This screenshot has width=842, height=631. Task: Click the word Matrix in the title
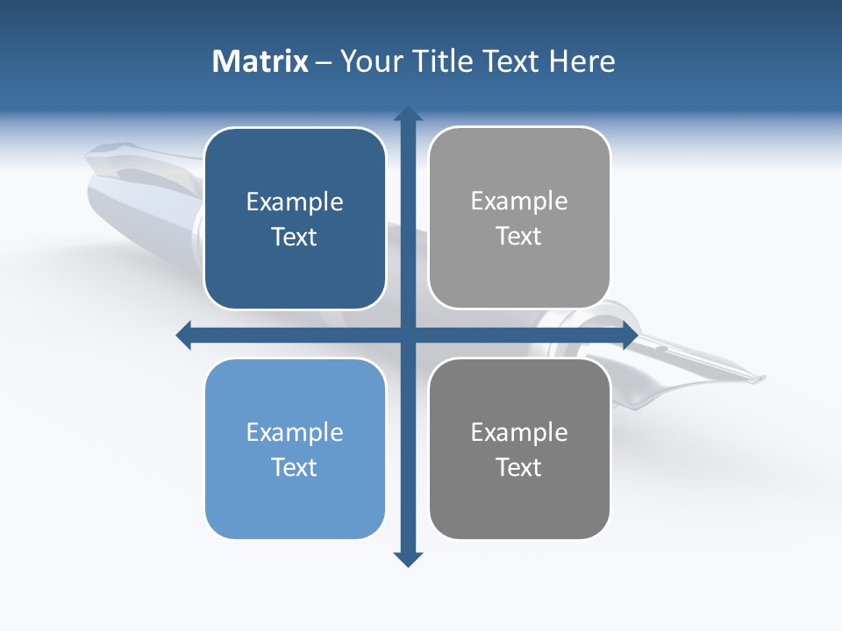tap(260, 61)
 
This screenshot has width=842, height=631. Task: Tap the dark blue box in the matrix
tap(295, 218)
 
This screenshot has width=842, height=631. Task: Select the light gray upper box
tap(519, 217)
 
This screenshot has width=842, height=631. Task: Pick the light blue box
tap(295, 449)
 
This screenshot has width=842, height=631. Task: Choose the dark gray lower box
tap(519, 449)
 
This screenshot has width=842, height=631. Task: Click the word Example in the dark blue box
tap(295, 202)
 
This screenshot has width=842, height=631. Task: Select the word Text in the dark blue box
tap(295, 237)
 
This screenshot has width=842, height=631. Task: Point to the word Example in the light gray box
tap(519, 202)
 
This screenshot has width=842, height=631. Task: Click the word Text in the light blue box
tap(295, 467)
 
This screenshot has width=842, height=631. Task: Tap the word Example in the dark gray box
tap(519, 432)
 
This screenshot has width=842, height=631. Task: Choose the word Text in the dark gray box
tap(519, 467)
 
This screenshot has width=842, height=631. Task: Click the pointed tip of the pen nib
tap(763, 379)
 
